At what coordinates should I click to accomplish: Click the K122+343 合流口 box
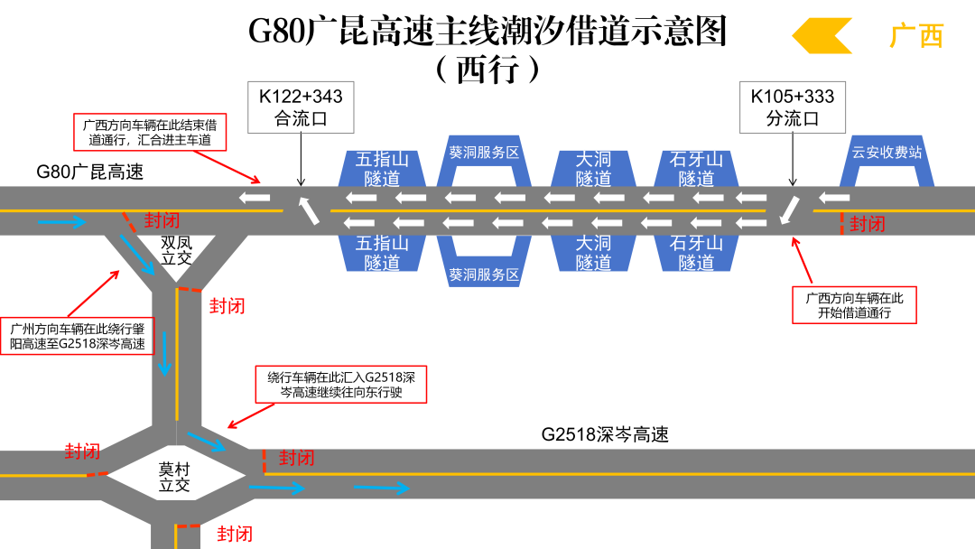coord(301,107)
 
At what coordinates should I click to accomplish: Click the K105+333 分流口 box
coord(793,107)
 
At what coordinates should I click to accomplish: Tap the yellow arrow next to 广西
coord(822,35)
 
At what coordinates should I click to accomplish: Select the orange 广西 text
coord(916,35)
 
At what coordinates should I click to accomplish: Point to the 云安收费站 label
coord(887,153)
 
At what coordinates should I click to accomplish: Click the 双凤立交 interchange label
coord(177,250)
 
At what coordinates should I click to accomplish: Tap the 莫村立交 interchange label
coord(174,477)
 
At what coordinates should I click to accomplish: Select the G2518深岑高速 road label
coord(605,434)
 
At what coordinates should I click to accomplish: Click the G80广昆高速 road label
coord(90,172)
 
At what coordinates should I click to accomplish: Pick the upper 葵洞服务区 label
coord(484,153)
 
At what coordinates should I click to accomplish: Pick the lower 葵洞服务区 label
coord(484,274)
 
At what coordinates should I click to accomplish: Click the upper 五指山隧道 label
coord(382,169)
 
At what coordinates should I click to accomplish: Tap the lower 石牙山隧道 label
coord(696,253)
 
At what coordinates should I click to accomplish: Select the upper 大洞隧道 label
coord(593,169)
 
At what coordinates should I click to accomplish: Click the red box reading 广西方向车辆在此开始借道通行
coord(854,305)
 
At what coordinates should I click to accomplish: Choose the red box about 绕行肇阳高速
coord(77,337)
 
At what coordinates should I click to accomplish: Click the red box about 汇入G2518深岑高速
coord(341,385)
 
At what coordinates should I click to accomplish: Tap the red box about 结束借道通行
coord(150,132)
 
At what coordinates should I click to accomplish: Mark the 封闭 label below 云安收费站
coord(868,224)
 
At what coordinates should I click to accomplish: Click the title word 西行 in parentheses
coord(488,69)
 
